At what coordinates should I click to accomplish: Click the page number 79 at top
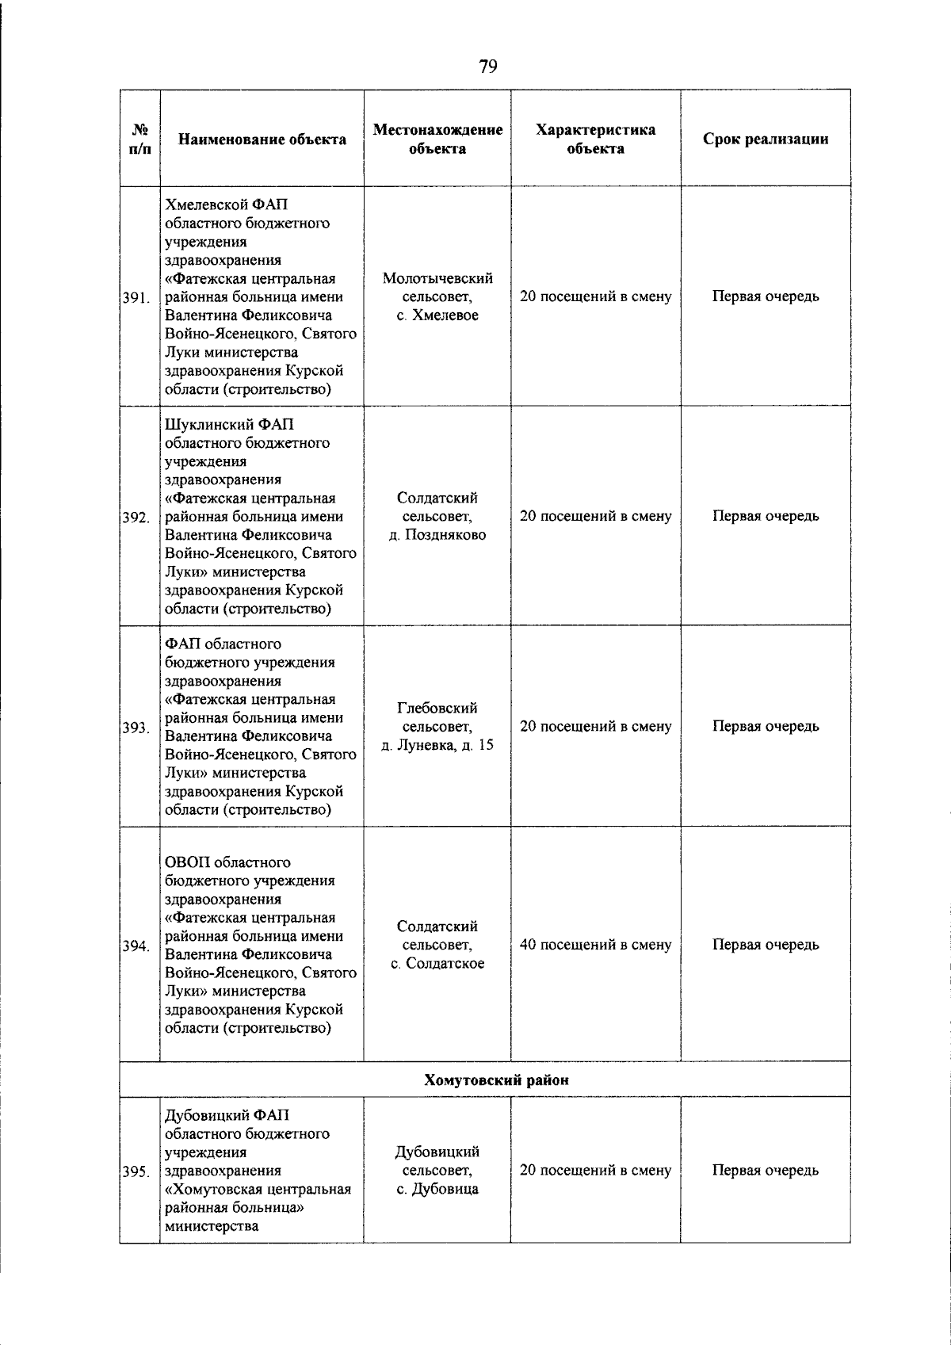[x=488, y=67]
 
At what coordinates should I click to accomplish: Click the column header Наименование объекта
[x=262, y=139]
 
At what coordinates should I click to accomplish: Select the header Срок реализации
[x=766, y=139]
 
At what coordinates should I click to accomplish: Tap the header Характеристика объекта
[x=595, y=139]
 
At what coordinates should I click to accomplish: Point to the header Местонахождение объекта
[x=437, y=139]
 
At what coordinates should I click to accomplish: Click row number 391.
[x=136, y=298]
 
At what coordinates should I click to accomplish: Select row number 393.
[x=136, y=728]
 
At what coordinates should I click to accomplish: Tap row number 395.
[x=136, y=1171]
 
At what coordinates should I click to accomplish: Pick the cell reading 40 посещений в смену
[x=595, y=945]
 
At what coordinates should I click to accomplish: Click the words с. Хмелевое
[x=437, y=315]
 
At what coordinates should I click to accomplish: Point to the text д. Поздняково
[x=437, y=535]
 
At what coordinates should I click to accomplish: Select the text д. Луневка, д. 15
[x=437, y=745]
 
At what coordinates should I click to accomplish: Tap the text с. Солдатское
[x=437, y=964]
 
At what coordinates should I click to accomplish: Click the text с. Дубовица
[x=437, y=1189]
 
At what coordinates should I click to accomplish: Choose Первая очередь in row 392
[x=766, y=516]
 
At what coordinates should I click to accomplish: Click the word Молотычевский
[x=437, y=278]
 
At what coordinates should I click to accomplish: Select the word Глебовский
[x=437, y=708]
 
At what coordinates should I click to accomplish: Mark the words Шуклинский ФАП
[x=229, y=425]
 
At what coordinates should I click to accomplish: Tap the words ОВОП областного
[x=227, y=862]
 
